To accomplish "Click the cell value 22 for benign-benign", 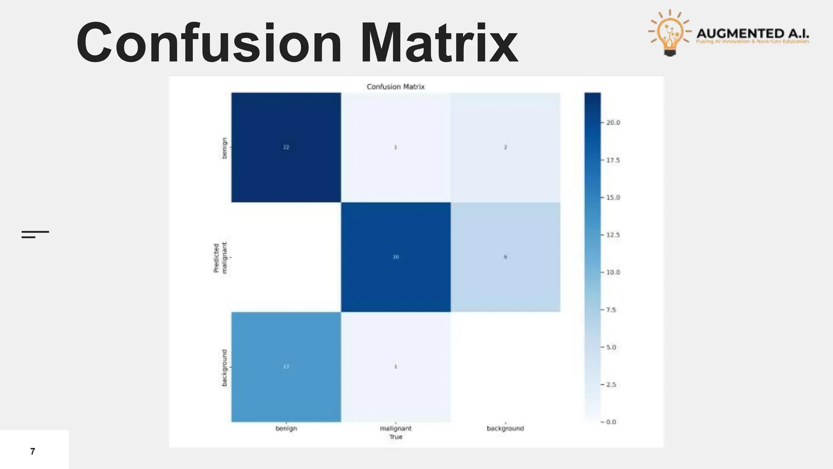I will coord(286,147).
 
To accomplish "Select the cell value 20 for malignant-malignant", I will coord(396,257).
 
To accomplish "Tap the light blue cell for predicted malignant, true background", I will coord(505,257).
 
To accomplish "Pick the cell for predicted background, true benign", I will coord(286,367).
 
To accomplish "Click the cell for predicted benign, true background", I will coord(505,147).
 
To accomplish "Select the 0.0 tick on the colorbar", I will coord(611,422).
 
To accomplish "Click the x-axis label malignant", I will coord(396,428).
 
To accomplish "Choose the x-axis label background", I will coord(505,428).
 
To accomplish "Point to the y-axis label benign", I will coord(224,147).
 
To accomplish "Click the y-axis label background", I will coord(224,368).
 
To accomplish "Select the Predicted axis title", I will coord(216,258).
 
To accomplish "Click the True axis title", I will coord(396,437).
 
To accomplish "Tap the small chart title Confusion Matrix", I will coord(395,87).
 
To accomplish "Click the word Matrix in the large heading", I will coord(439,43).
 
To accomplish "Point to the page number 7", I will coord(33,451).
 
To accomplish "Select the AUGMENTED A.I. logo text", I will coord(752,33).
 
